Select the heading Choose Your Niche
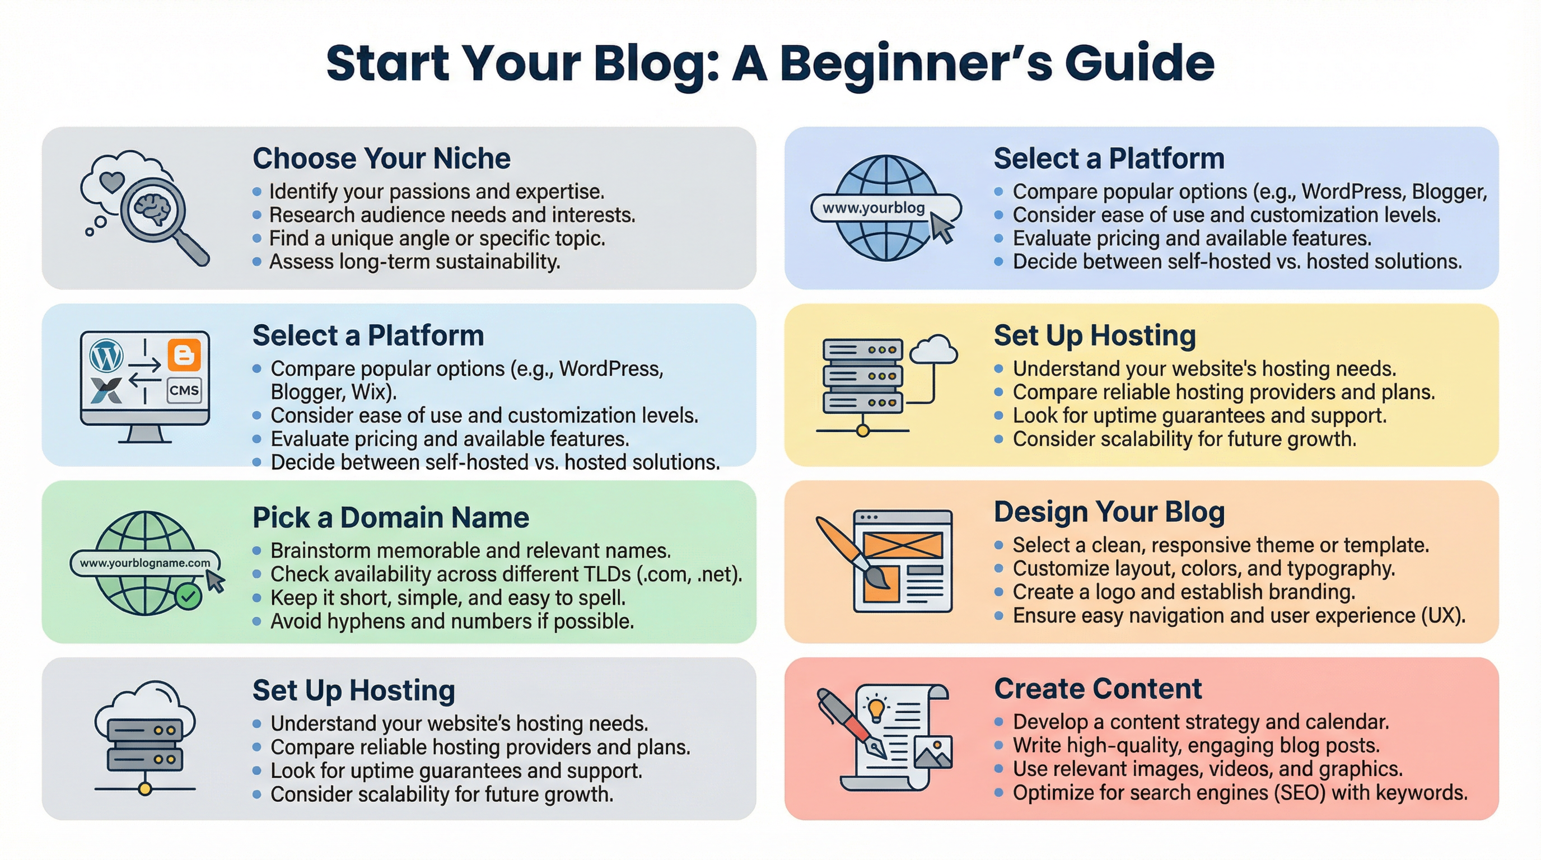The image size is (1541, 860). [x=382, y=158]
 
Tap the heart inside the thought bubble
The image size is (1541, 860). [x=112, y=181]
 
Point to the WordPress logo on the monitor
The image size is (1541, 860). [x=106, y=356]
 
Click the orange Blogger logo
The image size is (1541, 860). [x=184, y=355]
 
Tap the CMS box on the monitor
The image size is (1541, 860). [x=184, y=391]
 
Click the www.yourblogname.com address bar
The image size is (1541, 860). [x=145, y=563]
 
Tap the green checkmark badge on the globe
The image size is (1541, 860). [x=189, y=596]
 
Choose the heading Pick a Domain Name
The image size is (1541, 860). [x=391, y=517]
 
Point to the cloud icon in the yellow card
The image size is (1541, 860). [x=933, y=349]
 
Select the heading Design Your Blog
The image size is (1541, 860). [x=1109, y=512]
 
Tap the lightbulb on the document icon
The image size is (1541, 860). [x=876, y=711]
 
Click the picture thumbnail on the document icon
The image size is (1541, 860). [x=933, y=751]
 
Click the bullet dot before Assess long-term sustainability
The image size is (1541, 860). [x=257, y=262]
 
